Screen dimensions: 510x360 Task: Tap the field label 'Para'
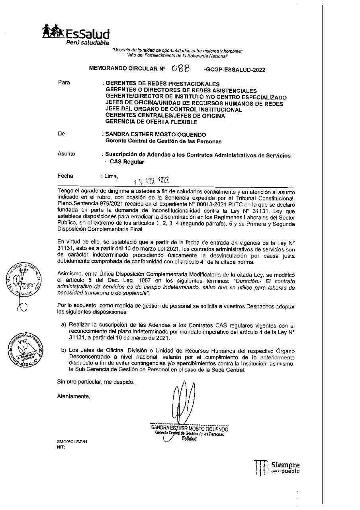point(64,83)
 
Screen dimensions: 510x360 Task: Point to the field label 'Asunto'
point(66,154)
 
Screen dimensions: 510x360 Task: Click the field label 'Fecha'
point(65,175)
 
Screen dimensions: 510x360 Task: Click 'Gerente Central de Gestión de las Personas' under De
point(163,141)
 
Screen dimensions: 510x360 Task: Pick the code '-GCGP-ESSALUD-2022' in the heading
point(234,70)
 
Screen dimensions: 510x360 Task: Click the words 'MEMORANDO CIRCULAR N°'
point(127,69)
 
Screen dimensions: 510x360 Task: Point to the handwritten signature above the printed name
point(182,402)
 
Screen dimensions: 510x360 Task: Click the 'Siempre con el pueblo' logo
point(276,468)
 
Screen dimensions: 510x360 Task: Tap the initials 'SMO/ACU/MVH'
point(72,442)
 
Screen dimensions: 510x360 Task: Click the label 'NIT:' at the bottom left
point(61,447)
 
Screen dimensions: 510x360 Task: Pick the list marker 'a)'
point(64,325)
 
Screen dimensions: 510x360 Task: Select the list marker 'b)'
point(64,351)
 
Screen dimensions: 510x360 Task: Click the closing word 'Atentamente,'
point(74,396)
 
